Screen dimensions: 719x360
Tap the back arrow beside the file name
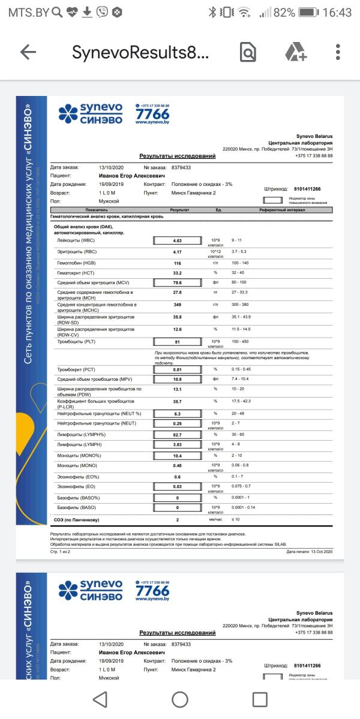pos(28,52)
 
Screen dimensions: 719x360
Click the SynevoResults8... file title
pos(140,52)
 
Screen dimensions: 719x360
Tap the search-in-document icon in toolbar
pos(248,52)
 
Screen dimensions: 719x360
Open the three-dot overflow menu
pos(338,52)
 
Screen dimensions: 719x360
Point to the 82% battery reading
pos(284,12)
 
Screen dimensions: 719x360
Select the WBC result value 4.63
pos(177,240)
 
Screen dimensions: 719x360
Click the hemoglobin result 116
pos(177,263)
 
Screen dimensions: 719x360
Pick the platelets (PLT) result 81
pos(177,342)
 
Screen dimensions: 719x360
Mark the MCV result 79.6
pos(177,282)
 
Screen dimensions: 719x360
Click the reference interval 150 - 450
pos(240,341)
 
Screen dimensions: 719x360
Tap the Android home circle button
pos(180,699)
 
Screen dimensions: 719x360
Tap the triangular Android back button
pos(100,699)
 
